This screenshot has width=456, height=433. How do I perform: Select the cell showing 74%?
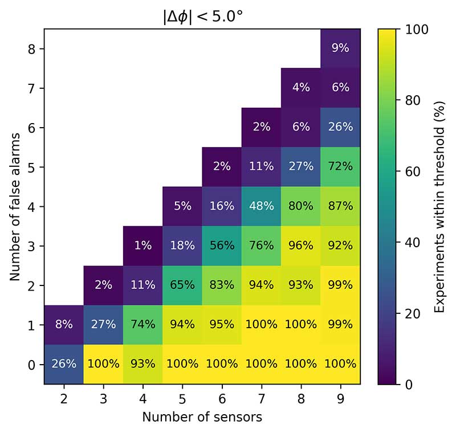[x=143, y=325]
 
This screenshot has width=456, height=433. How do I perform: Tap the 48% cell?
[x=262, y=206]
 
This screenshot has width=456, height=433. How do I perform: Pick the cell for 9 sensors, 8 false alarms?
[x=340, y=48]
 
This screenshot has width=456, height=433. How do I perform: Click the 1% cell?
[x=143, y=246]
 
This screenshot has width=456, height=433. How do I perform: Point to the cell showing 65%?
[x=182, y=285]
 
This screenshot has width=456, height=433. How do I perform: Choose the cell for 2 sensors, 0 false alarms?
[x=64, y=364]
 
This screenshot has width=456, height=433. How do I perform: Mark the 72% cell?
[x=340, y=167]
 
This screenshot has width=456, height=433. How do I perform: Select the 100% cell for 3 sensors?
[x=103, y=364]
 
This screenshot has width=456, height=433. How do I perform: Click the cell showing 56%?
[x=222, y=246]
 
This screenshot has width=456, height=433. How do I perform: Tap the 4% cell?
[x=301, y=88]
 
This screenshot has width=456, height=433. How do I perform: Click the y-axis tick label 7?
[x=32, y=88]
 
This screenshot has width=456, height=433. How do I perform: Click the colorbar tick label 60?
[x=412, y=171]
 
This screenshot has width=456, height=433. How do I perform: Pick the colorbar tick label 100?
[x=415, y=29]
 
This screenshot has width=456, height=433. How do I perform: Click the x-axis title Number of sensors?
[x=202, y=417]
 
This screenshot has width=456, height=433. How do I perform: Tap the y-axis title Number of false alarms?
[x=15, y=206]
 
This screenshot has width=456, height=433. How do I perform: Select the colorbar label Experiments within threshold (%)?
[x=439, y=206]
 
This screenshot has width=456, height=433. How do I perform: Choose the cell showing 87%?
[x=340, y=206]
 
